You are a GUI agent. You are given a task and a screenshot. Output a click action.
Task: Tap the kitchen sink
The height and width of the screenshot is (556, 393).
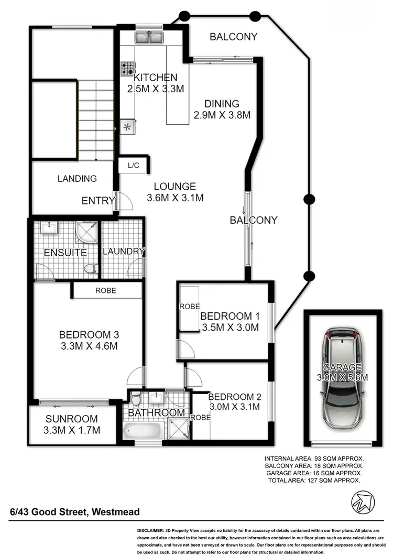pos(150,38)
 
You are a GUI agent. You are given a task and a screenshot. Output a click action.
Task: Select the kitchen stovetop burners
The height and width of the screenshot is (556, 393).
pos(127,68)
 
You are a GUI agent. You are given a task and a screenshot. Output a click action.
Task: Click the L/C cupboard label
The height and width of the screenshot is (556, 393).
pos(134,165)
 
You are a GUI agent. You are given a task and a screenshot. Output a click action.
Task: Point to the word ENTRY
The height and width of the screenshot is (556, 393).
pos(98,200)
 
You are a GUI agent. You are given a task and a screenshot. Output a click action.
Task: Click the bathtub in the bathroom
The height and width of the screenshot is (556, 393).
pos(142,431)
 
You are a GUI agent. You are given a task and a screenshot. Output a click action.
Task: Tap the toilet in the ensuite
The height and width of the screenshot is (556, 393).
pos(91,269)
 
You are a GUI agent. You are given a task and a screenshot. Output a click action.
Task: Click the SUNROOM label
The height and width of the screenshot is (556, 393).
pos(71,419)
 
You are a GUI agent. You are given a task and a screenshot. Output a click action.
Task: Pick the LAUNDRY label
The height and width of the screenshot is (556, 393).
pos(123,252)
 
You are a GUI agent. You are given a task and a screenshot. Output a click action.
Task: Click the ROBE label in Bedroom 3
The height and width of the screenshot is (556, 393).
pos(105,290)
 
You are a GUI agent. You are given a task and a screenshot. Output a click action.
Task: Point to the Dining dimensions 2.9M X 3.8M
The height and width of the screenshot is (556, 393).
pos(222,114)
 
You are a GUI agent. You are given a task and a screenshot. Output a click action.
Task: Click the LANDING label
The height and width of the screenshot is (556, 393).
pos(77,179)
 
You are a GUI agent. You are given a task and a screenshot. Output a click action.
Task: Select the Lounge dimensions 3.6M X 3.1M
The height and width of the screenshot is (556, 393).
pos(175,198)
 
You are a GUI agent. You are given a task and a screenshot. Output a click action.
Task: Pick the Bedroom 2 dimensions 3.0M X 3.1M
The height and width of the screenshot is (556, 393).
pos(234,407)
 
